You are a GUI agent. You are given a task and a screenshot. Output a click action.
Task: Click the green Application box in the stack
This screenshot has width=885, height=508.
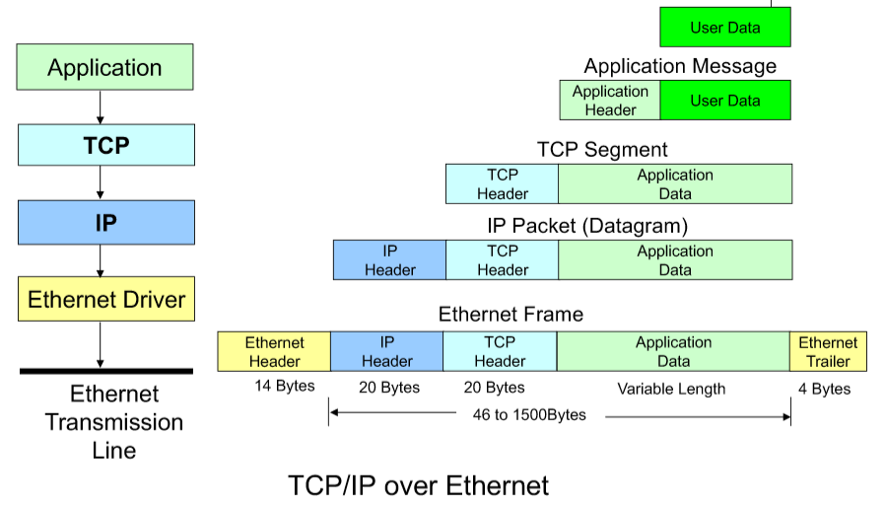pos(105,68)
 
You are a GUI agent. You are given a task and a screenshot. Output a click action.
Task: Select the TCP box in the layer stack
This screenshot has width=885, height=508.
pos(105,145)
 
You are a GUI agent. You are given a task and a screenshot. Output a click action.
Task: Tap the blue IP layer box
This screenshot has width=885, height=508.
pos(105,223)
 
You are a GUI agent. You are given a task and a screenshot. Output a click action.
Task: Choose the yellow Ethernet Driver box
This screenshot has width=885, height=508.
pos(105,299)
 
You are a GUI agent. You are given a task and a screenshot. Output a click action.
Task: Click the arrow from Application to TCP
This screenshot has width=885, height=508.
pos(101,107)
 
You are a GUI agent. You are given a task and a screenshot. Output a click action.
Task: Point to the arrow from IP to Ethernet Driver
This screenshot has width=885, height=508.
pos(101,260)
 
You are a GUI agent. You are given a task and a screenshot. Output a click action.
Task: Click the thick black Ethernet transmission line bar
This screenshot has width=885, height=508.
pos(106,371)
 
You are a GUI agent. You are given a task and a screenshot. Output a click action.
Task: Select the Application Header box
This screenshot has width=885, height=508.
pos(610,101)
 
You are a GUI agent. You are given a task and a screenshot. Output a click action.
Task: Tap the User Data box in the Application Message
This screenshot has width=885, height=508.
pos(725,101)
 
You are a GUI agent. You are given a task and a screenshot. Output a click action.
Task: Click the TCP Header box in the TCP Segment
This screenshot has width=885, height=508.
pos(502,184)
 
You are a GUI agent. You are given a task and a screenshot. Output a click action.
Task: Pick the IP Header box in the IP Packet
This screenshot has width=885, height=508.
pos(389,260)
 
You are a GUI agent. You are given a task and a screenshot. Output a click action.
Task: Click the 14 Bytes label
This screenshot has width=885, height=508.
pos(284,386)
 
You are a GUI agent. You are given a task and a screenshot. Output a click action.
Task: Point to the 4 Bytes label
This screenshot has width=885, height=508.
pos(824,389)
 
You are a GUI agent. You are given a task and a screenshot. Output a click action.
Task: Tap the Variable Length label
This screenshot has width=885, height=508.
pos(671,389)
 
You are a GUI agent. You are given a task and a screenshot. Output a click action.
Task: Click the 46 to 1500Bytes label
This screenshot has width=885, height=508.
pos(529,414)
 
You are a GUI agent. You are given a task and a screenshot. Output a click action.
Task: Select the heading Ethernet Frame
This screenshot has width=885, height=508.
pos(511,315)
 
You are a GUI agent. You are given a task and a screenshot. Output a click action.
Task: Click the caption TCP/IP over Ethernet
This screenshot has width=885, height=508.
pos(418,485)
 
